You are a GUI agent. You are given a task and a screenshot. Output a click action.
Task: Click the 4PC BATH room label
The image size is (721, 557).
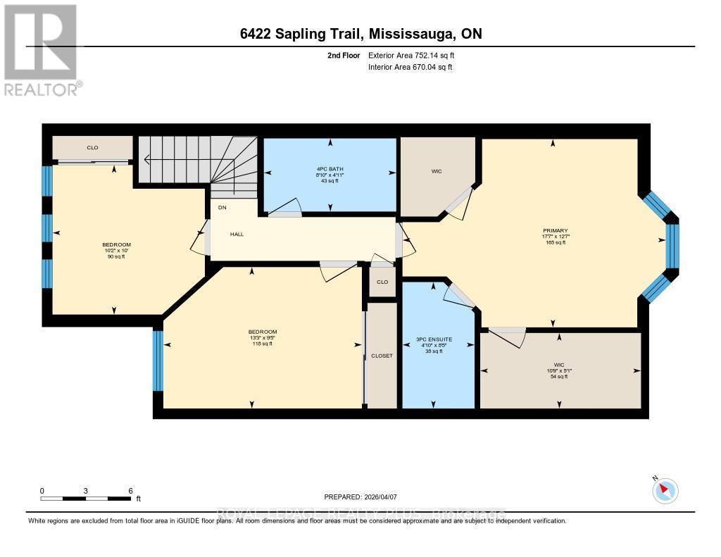[x=330, y=168]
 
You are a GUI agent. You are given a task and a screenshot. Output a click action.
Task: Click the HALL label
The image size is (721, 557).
[x=237, y=234]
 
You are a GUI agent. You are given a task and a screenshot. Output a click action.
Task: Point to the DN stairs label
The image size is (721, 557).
[x=222, y=208]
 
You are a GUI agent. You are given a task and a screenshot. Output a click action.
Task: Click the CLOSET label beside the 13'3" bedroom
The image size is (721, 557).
[x=382, y=356]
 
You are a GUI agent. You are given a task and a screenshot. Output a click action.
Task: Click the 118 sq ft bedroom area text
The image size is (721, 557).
[x=262, y=344]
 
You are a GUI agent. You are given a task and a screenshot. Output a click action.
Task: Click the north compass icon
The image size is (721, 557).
[x=665, y=490]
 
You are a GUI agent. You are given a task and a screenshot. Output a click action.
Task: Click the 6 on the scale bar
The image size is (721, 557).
[x=131, y=490]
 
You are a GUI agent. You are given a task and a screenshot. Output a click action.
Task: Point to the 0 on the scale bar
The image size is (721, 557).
[x=42, y=490]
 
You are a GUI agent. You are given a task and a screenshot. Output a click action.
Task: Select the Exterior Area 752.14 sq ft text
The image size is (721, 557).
[x=416, y=55]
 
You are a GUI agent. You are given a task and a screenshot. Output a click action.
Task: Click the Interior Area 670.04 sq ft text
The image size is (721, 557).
[x=410, y=67]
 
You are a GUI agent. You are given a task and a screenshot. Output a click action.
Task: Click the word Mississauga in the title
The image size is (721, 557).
[x=410, y=34]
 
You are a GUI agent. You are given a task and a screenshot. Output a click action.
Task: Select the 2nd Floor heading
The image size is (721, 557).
[x=344, y=55]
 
